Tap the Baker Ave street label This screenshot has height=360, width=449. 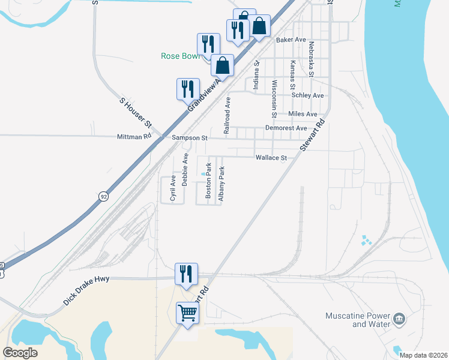click(x=291, y=40)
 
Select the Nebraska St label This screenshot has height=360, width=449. click(x=311, y=59)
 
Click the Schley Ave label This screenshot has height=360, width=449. click(x=307, y=95)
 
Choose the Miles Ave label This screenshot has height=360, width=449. click(x=303, y=114)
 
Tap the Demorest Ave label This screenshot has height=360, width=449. click(x=286, y=128)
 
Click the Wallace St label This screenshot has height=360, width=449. click(x=272, y=158)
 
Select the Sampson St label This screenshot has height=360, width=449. click(x=189, y=137)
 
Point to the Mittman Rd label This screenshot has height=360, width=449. click(x=134, y=137)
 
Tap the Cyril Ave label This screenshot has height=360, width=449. click(x=173, y=188)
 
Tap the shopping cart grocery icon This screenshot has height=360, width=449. click(x=187, y=313)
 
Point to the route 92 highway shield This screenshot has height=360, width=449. click(x=103, y=196)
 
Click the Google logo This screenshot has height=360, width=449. click(x=20, y=353)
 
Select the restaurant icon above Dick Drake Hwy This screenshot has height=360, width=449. click(x=186, y=274)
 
